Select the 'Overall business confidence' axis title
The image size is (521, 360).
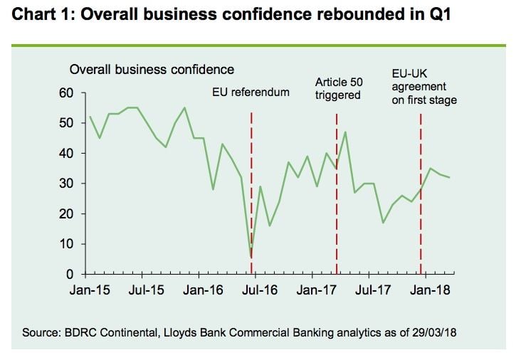151,69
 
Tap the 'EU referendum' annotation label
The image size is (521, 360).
251,92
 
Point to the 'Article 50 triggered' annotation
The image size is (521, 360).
339,89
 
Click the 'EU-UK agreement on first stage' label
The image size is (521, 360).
424,87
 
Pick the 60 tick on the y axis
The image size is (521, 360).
65,93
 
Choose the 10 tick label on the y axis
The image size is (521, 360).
65,244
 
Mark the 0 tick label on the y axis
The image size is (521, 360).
69,274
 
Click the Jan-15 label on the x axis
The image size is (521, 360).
89,290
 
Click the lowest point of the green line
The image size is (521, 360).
251,257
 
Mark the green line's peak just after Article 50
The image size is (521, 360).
345,132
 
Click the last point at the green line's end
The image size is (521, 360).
449,177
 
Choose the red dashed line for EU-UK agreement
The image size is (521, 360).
421,213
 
